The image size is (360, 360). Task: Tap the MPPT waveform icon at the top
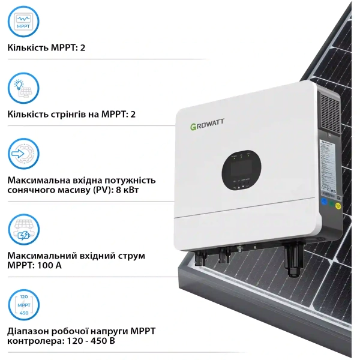coord(23,22)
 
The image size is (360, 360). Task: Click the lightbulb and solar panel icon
coord(23,89)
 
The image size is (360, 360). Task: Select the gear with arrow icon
coord(23,154)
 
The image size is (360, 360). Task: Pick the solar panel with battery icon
coord(23,230)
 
